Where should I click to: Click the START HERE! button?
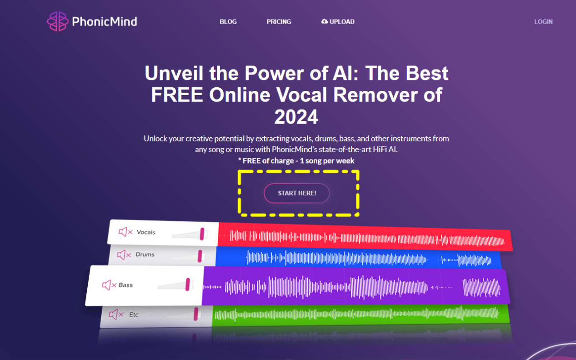(296, 193)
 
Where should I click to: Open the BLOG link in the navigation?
(228, 22)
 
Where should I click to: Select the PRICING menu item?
(279, 22)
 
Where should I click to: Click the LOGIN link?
(543, 22)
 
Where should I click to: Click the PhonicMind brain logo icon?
(58, 21)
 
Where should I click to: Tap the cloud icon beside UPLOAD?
(325, 21)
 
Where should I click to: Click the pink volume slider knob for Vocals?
(202, 234)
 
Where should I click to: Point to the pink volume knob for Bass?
(188, 285)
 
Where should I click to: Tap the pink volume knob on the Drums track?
(200, 256)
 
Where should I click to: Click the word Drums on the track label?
(145, 254)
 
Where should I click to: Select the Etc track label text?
(134, 315)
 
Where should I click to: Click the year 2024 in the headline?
(296, 117)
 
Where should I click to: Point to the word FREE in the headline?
(177, 95)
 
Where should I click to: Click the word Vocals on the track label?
(146, 232)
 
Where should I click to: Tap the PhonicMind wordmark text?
(105, 22)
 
